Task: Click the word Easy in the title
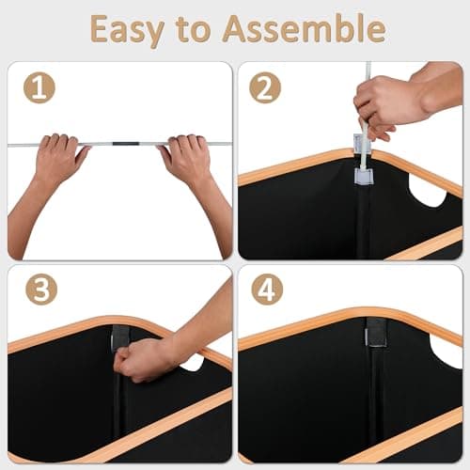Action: [128, 31]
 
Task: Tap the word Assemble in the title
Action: [304, 28]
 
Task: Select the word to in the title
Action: [193, 29]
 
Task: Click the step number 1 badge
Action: [39, 87]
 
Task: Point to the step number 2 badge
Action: [265, 87]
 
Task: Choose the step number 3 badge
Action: [41, 290]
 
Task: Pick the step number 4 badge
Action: [267, 290]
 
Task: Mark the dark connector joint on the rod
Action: [126, 144]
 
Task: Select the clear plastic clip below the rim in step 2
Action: [364, 176]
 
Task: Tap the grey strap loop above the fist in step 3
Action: [119, 336]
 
